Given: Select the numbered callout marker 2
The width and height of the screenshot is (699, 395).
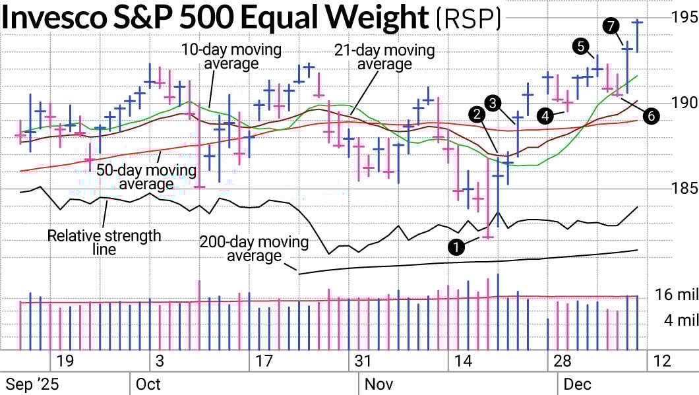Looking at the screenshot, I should (x=475, y=114).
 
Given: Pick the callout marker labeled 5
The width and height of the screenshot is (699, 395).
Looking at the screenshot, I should (x=581, y=46).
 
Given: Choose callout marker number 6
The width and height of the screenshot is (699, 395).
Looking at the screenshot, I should (x=650, y=115).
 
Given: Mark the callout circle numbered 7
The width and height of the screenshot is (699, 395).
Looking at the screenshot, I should (x=610, y=26).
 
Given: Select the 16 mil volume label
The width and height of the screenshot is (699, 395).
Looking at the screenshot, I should (x=676, y=295).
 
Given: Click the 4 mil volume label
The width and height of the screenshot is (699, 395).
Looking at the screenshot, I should (x=679, y=320).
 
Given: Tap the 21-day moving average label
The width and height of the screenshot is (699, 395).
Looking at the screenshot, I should (x=384, y=57).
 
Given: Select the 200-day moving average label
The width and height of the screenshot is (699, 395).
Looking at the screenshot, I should (x=254, y=249).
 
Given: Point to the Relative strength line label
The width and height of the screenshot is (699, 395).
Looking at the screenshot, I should (x=104, y=242).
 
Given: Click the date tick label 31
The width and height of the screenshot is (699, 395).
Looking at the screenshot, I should (x=363, y=361).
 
